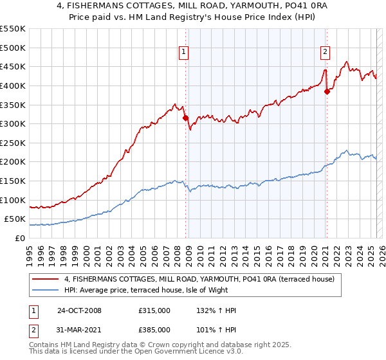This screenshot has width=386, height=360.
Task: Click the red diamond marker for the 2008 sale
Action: (186, 118)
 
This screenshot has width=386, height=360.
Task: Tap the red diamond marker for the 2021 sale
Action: (327, 91)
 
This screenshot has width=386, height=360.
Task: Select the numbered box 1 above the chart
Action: (184, 53)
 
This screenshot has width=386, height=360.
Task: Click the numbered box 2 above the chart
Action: (325, 53)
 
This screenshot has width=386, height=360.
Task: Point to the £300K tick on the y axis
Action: (14, 123)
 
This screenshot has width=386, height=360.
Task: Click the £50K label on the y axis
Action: (16, 219)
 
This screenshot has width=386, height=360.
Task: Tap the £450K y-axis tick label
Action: (14, 66)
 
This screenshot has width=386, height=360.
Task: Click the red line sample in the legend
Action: (46, 280)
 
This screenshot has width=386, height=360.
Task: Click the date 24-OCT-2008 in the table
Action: (79, 310)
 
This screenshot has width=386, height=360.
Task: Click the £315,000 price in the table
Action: (154, 310)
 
